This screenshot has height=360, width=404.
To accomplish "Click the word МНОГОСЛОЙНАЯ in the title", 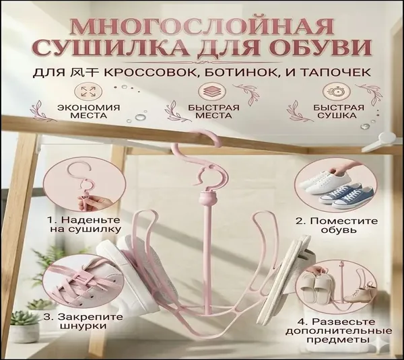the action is pos(202,26).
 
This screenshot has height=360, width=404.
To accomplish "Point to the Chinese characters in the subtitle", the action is pos(85,73).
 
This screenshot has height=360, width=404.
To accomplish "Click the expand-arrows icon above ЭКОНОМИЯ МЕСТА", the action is pos(88,92).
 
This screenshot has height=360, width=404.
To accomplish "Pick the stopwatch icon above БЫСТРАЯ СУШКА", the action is pos(335,92).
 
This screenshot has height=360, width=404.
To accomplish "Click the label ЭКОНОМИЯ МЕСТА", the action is pos(89,111).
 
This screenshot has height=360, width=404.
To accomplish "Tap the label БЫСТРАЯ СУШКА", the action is pos(338,111).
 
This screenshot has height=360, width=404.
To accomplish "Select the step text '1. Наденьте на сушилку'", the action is pos(84,225).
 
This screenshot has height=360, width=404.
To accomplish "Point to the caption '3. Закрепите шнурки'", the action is pos(83,321).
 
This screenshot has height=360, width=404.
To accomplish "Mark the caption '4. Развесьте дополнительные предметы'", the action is pos(339,330).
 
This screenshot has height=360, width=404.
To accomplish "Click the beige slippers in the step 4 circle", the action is pos(314,287).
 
